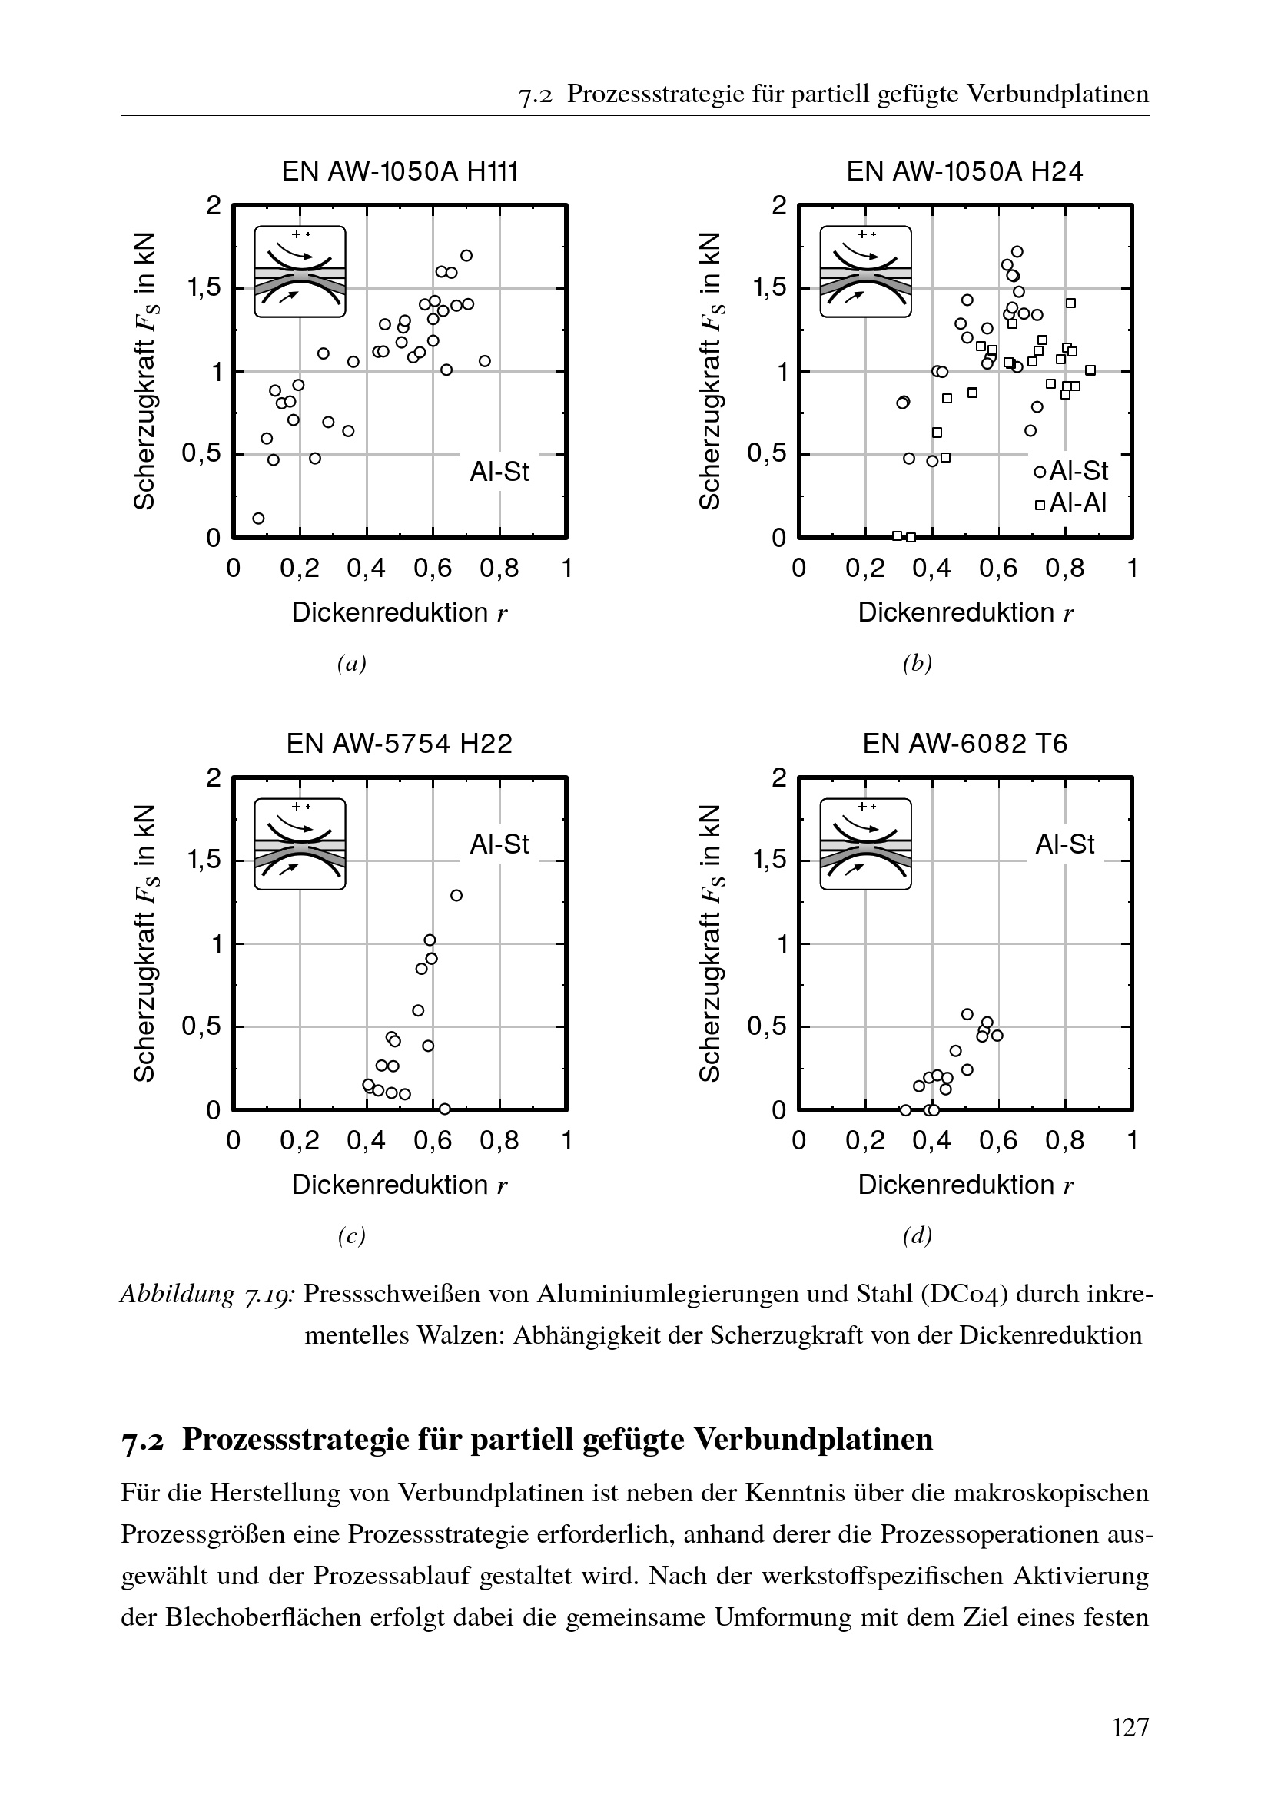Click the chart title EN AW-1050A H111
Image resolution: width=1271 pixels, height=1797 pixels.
(x=400, y=171)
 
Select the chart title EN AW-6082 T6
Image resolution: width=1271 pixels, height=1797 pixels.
(x=965, y=743)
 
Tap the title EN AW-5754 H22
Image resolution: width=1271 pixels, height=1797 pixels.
(x=399, y=743)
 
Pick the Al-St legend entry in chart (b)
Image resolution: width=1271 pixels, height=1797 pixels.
(x=1071, y=470)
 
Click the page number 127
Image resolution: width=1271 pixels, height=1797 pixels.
(x=1130, y=1726)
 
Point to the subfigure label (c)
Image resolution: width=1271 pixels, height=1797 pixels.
(x=351, y=1235)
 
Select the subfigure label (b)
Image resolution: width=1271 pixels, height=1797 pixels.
(x=918, y=664)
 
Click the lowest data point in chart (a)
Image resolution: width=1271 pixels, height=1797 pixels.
(x=258, y=518)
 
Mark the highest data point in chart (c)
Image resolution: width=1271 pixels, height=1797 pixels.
(x=456, y=895)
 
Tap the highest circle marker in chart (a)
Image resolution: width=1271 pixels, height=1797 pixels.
(x=466, y=256)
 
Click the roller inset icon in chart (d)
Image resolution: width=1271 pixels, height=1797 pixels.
(x=865, y=844)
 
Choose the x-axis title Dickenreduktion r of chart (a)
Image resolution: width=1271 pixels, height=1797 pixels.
(x=399, y=612)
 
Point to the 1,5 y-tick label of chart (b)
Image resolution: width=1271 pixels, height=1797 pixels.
(x=769, y=288)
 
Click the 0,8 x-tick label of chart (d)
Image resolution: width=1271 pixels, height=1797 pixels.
(x=1064, y=1139)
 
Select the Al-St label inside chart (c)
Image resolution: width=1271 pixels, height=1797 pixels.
(x=499, y=844)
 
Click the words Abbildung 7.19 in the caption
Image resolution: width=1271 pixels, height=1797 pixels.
(x=207, y=1295)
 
